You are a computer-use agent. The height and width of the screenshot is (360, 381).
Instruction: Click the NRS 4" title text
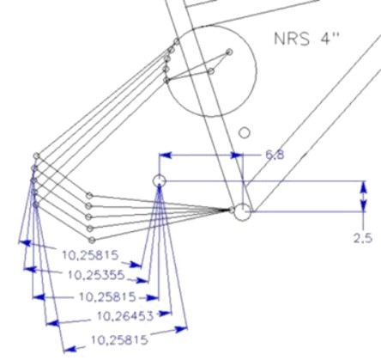306,39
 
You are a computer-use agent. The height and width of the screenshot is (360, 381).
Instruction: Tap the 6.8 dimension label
275,155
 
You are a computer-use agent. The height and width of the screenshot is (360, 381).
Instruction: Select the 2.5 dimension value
363,238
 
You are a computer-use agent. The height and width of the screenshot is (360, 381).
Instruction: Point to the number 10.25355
96,275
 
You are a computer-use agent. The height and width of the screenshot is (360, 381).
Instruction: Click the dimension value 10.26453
125,316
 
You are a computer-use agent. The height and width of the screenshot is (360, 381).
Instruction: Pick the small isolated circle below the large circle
245,132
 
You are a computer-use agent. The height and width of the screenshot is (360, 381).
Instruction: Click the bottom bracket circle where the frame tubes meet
243,212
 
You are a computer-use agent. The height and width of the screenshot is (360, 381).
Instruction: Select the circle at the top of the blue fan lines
160,180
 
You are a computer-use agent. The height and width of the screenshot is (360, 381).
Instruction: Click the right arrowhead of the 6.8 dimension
237,156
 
